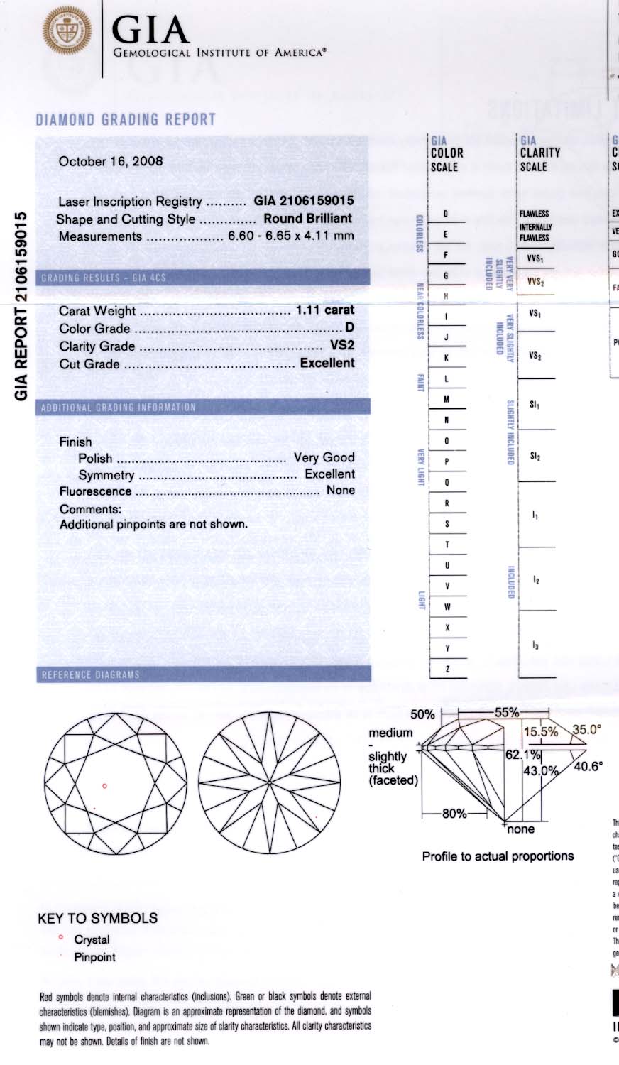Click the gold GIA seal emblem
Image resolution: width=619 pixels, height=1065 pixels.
pyautogui.click(x=67, y=33)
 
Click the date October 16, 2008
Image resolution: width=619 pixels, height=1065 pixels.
pyautogui.click(x=111, y=161)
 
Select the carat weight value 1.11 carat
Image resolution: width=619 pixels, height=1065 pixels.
pyautogui.click(x=324, y=310)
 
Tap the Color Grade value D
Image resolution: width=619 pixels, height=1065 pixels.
pyautogui.click(x=349, y=328)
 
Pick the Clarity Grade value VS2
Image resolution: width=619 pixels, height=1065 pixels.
pyautogui.click(x=342, y=346)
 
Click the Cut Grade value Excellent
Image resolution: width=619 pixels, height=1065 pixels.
pyautogui.click(x=327, y=363)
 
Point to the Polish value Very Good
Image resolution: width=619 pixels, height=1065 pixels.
pyautogui.click(x=324, y=458)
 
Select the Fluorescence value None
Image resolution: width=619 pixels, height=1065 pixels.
pyautogui.click(x=340, y=491)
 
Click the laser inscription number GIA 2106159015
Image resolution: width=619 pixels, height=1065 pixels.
pyautogui.click(x=303, y=201)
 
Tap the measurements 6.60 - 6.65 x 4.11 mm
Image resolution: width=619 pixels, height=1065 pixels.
pyautogui.click(x=290, y=236)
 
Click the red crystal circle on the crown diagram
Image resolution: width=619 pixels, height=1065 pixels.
pyautogui.click(x=105, y=786)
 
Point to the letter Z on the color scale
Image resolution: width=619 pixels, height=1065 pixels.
pyautogui.click(x=447, y=669)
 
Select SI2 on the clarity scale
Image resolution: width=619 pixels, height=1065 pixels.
pyautogui.click(x=535, y=457)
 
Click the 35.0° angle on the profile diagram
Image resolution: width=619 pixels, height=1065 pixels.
pyautogui.click(x=587, y=729)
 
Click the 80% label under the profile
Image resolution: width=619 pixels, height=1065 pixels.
pyautogui.click(x=454, y=814)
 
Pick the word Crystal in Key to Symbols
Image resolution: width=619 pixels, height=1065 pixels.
pyautogui.click(x=92, y=939)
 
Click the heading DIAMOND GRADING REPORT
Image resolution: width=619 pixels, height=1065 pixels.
pyautogui.click(x=126, y=119)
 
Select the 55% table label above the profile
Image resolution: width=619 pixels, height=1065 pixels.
pyautogui.click(x=507, y=712)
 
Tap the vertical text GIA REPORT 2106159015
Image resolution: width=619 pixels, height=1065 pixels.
pyautogui.click(x=21, y=305)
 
